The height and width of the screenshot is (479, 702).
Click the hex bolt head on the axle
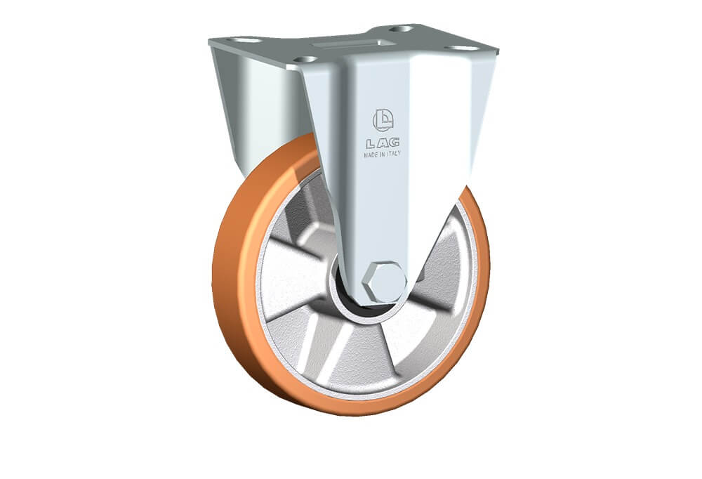pyautogui.click(x=385, y=282)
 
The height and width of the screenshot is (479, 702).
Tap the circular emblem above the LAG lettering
pyautogui.click(x=383, y=119)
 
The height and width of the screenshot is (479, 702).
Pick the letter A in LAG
pyautogui.click(x=382, y=143)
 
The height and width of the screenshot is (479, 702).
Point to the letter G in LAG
pyautogui.click(x=394, y=143)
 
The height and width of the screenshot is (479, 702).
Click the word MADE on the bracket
pyautogui.click(x=371, y=155)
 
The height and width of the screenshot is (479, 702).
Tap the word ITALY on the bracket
pyautogui.click(x=393, y=154)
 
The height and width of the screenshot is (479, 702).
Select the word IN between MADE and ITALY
pyautogui.click(x=382, y=154)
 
